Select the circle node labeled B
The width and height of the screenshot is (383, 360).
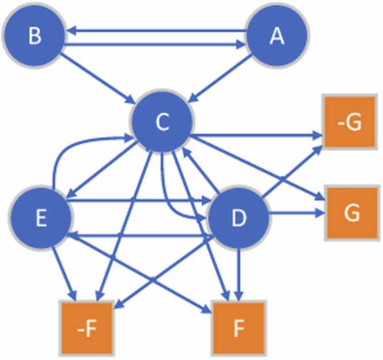pos(35,36)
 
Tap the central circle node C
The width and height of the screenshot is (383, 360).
pos(162,122)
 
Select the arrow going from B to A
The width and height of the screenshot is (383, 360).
pos(156,44)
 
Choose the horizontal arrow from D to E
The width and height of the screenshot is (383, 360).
pos(138,235)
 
